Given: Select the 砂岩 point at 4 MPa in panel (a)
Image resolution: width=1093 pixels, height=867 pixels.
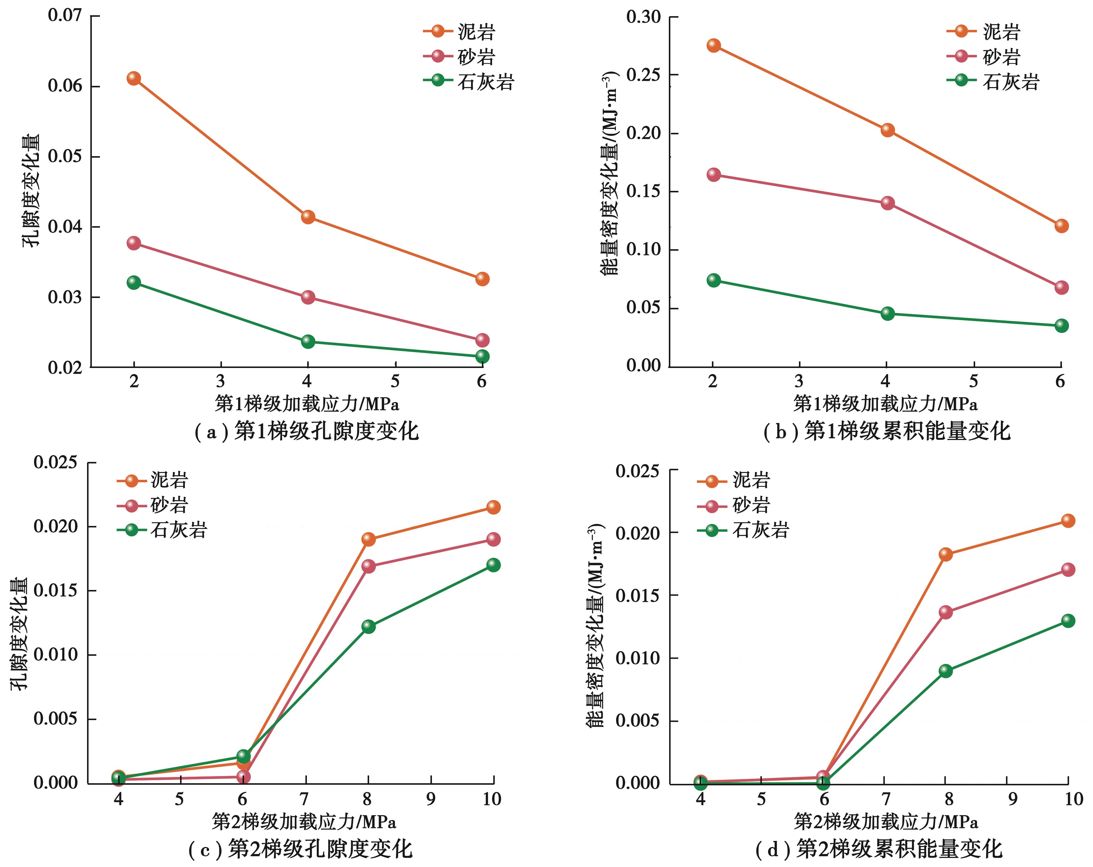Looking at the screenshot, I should coord(308,297).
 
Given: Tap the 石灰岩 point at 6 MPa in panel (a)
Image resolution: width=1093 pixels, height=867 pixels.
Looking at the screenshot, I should coord(482,356).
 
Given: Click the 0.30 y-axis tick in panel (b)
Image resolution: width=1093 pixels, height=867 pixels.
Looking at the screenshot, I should coord(643,17).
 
